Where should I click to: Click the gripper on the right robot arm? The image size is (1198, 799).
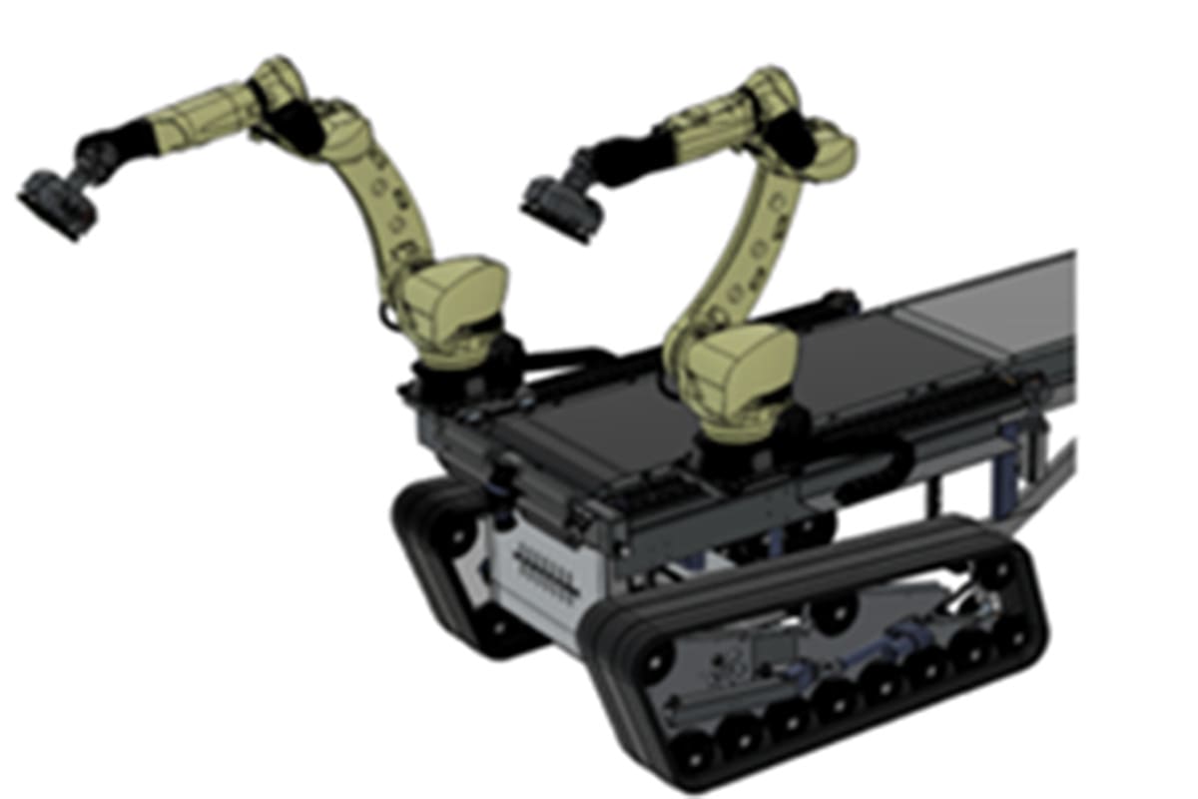[561, 207]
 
